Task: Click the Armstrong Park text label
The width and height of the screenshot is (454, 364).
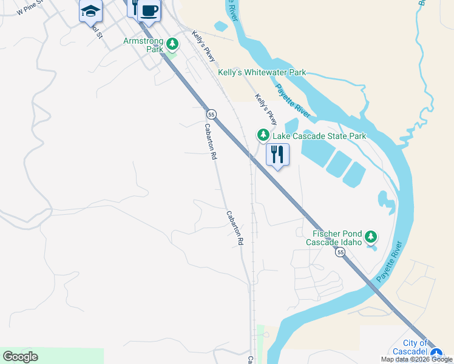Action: click(143, 45)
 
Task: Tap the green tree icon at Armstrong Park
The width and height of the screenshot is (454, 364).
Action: click(172, 44)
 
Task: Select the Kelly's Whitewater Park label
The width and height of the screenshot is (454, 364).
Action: click(262, 72)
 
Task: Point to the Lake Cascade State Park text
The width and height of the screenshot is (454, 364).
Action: click(319, 136)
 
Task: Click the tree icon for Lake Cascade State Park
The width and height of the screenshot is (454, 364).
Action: click(263, 135)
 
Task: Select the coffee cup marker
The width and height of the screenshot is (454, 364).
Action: click(149, 10)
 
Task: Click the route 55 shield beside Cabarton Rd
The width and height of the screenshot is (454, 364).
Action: click(211, 114)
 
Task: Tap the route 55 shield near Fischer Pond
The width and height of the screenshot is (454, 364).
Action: click(340, 252)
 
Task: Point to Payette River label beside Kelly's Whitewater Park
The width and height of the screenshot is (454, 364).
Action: click(293, 101)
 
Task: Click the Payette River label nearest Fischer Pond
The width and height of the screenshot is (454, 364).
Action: click(389, 262)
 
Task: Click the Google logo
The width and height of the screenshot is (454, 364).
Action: click(20, 357)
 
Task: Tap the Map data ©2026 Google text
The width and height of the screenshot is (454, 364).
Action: click(416, 359)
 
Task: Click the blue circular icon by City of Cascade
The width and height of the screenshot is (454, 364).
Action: click(436, 353)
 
